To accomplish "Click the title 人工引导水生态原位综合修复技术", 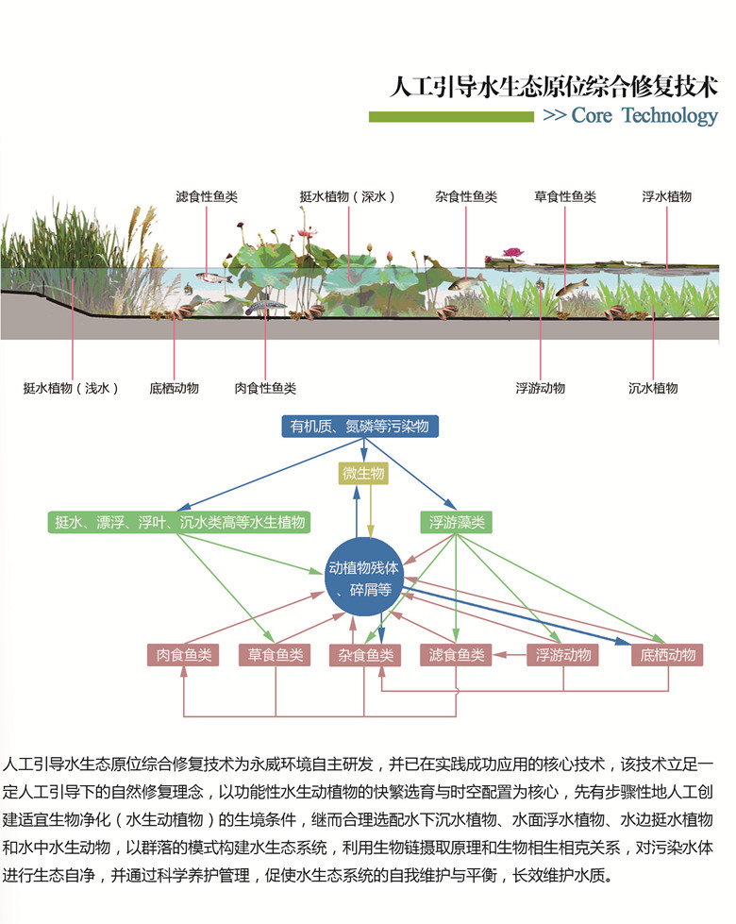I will click(554, 87).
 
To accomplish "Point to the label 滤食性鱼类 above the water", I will click(207, 197).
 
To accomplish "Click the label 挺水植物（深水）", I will click(347, 197).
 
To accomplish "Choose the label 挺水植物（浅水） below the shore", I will click(72, 388).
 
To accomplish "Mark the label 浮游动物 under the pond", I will click(540, 388).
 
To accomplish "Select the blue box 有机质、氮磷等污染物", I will click(360, 427).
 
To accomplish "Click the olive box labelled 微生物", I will click(362, 474).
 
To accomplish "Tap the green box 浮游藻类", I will click(458, 522).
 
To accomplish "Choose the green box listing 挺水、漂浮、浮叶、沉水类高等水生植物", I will click(180, 522).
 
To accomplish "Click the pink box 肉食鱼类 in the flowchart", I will click(183, 655).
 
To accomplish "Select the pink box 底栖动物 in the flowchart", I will click(667, 655).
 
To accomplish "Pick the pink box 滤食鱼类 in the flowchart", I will click(457, 655).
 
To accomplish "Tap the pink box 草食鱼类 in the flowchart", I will click(276, 655).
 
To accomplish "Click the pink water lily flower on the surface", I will click(512, 252).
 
